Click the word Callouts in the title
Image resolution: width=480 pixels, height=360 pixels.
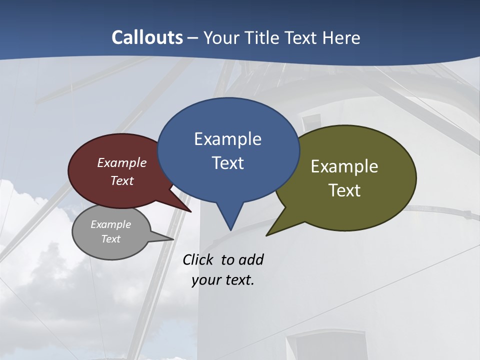pyautogui.click(x=147, y=37)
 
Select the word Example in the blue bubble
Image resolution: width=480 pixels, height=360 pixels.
pyautogui.click(x=227, y=139)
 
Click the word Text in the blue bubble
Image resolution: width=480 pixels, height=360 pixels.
pyautogui.click(x=227, y=162)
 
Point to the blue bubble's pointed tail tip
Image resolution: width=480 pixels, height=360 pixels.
pyautogui.click(x=230, y=230)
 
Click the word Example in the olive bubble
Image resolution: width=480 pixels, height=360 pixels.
pyautogui.click(x=344, y=166)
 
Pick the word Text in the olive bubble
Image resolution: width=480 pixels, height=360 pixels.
pyautogui.click(x=344, y=190)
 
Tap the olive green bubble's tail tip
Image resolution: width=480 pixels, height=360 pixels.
pyautogui.click(x=267, y=235)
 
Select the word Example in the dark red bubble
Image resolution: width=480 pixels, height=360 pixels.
pyautogui.click(x=122, y=162)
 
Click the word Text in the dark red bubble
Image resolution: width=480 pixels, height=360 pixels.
pyautogui.click(x=122, y=180)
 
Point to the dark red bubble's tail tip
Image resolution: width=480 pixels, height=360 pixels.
pyautogui.click(x=191, y=211)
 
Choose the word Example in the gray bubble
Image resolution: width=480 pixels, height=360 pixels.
pyautogui.click(x=110, y=224)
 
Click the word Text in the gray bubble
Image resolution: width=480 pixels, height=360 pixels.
pyautogui.click(x=110, y=239)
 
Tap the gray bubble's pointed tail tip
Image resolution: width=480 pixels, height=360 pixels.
pyautogui.click(x=173, y=239)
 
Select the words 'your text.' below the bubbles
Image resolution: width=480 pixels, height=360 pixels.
pyautogui.click(x=223, y=280)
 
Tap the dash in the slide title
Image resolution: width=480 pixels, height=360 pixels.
pyautogui.click(x=193, y=38)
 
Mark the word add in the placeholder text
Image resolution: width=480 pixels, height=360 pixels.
pyautogui.click(x=251, y=259)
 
